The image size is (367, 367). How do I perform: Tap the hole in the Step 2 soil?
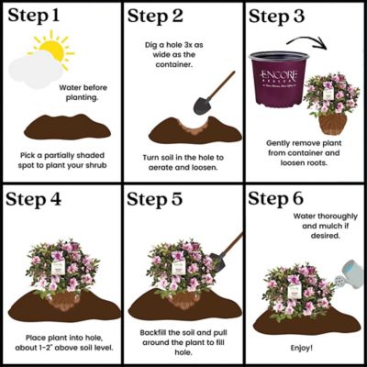[x=189, y=125]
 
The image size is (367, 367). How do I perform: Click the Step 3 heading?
[x=285, y=18]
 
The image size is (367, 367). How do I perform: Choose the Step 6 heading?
[x=285, y=200]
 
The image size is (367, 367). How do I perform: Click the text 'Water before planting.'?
[x=88, y=94]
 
